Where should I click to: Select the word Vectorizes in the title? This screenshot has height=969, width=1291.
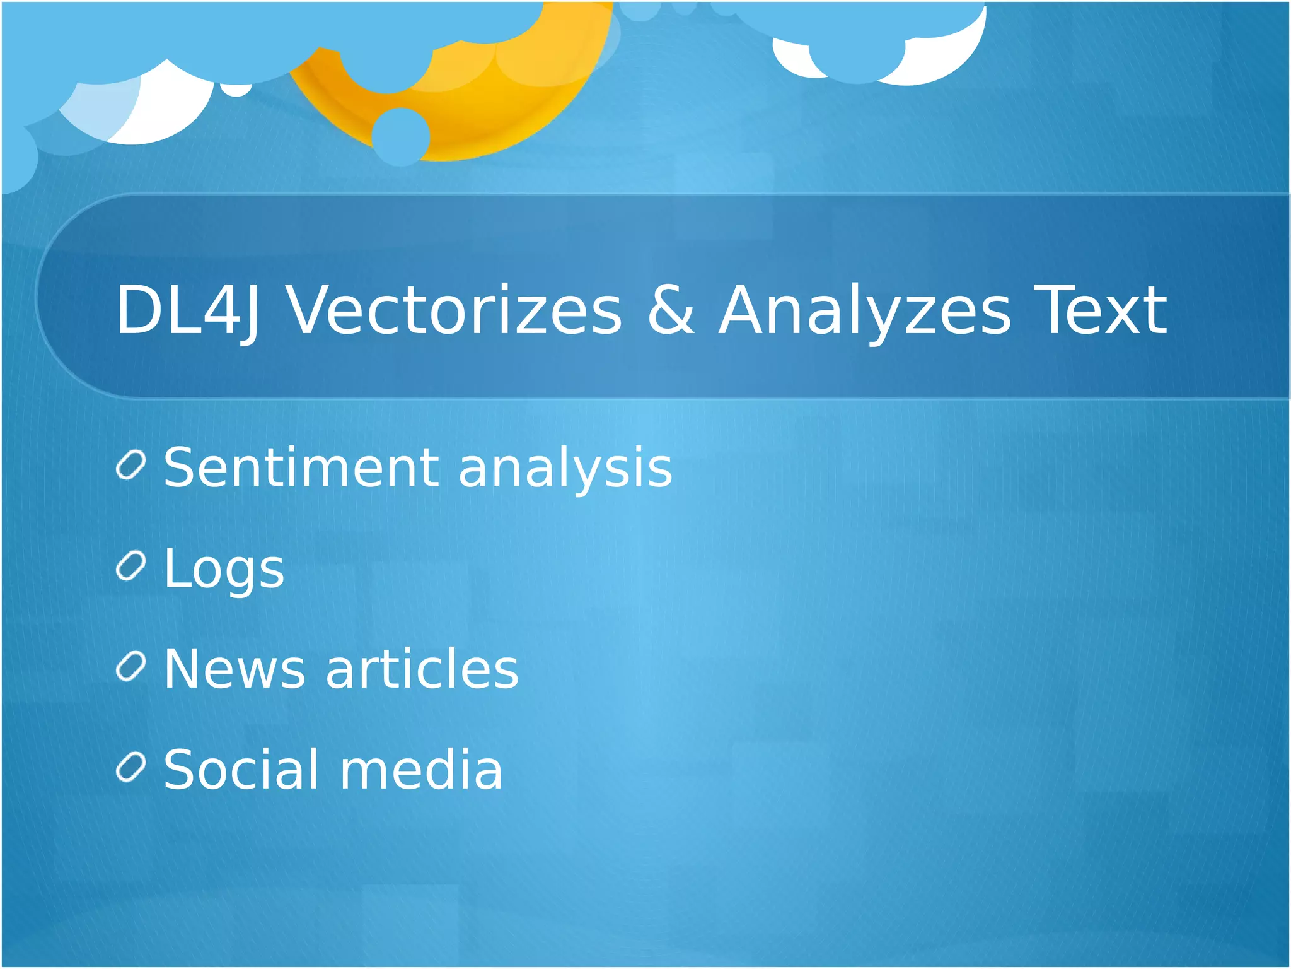coord(454,310)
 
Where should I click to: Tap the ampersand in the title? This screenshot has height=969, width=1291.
coord(671,310)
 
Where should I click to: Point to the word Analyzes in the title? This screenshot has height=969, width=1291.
coord(864,310)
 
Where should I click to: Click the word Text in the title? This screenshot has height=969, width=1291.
coord(1101,310)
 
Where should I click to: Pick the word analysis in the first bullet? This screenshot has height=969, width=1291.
coord(565,467)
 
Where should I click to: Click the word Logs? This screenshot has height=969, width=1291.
coord(224,568)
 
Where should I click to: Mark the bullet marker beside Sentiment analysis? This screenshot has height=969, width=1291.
coord(131,466)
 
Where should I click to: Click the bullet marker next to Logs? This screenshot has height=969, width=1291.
coord(131,566)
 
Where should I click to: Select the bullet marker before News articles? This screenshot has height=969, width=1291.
coord(131,667)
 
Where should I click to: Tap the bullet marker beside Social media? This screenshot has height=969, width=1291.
coord(131,767)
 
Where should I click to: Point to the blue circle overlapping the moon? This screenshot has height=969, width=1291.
coord(400,136)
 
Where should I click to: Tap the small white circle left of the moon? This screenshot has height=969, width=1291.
coord(236,90)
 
